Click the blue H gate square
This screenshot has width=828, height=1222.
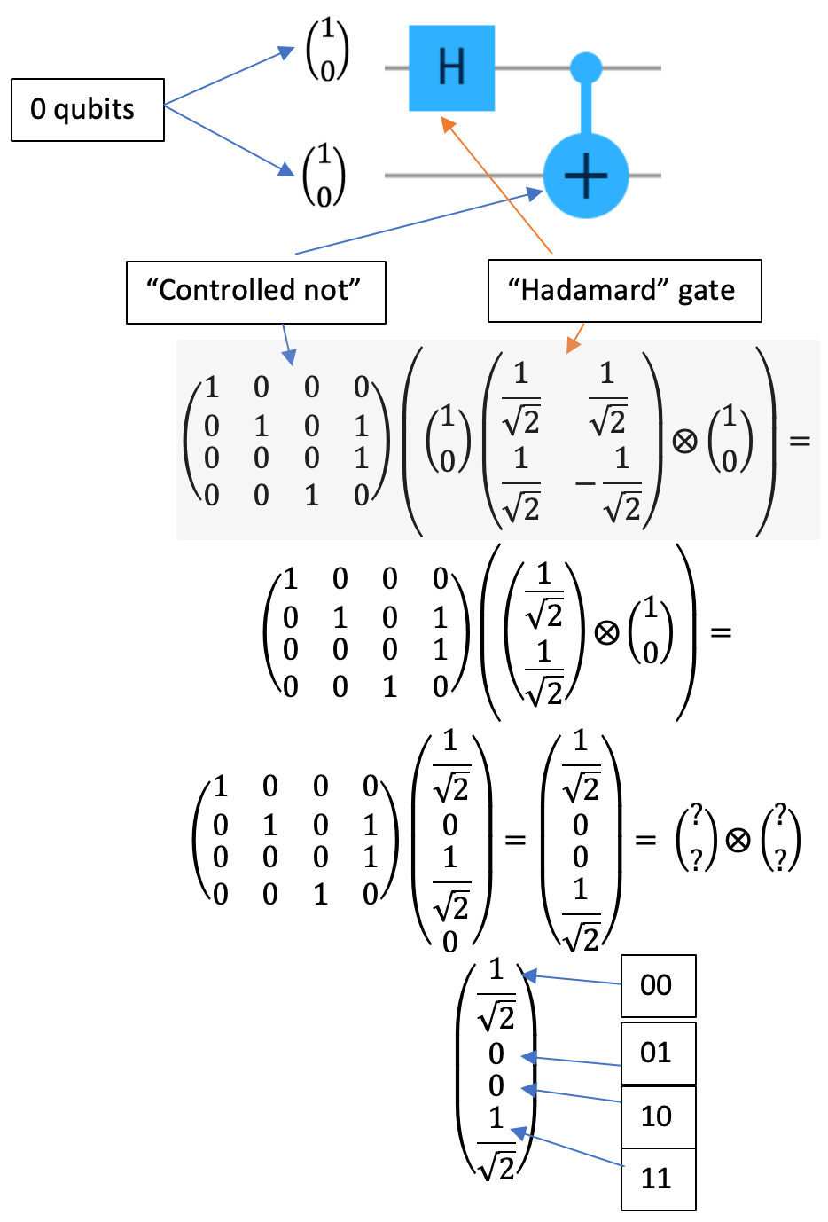451,68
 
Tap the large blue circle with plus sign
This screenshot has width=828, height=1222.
585,176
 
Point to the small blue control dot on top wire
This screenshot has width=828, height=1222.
585,67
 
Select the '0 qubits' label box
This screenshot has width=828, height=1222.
87,110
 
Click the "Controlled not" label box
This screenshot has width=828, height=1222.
255,292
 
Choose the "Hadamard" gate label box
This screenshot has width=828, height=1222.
624,291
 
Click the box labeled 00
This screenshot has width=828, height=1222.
658,985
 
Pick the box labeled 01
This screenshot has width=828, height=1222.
658,1054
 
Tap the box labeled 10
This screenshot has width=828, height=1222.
658,1116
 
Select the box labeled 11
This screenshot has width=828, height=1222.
658,1179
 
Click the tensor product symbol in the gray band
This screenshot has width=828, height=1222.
684,441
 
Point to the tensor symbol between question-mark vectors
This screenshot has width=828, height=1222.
738,839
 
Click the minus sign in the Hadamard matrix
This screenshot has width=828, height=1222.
584,484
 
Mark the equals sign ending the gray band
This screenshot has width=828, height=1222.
800,441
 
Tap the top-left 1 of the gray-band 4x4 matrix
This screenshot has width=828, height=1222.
212,388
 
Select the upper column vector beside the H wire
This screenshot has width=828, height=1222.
327,50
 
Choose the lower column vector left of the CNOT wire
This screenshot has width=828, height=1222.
324,175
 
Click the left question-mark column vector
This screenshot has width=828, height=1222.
696,839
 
